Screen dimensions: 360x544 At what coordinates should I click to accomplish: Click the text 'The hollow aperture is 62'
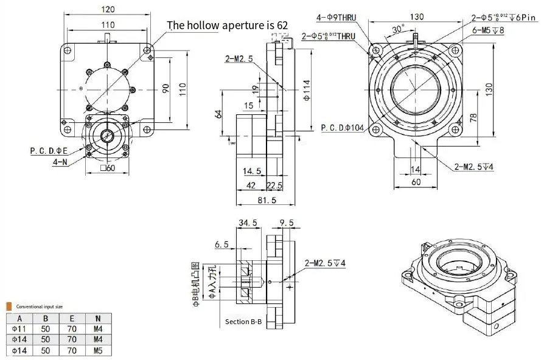tap(227, 25)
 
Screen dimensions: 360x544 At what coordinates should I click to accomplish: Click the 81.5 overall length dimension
tap(267, 199)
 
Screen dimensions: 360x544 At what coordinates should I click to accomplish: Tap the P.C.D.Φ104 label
tap(342, 128)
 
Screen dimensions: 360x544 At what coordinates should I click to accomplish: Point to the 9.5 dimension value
tap(287, 224)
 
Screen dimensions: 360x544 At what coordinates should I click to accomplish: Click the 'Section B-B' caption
tap(243, 321)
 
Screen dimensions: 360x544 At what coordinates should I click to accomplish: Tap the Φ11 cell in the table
tap(19, 329)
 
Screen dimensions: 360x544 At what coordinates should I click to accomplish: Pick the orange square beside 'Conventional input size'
tap(9, 306)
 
